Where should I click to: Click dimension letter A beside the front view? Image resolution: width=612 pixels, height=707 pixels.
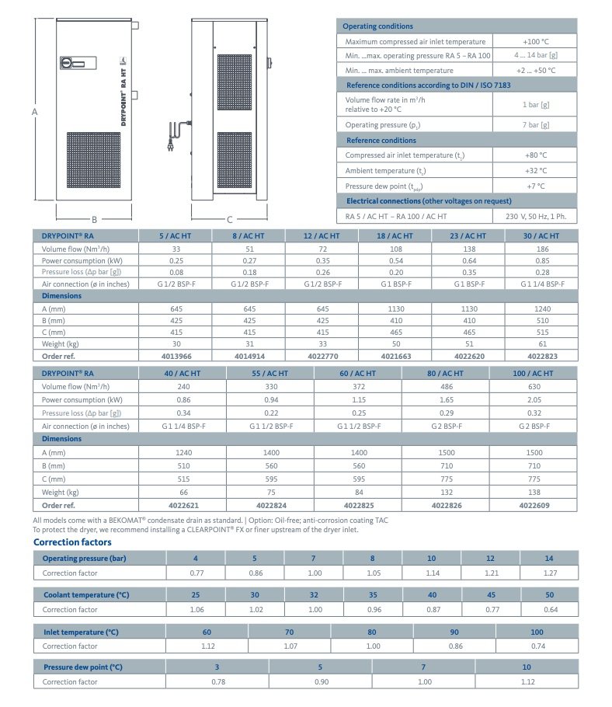pos(35,112)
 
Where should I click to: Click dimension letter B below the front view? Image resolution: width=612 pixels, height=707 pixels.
pos(94,219)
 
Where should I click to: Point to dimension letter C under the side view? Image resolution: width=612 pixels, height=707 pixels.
pos(230,219)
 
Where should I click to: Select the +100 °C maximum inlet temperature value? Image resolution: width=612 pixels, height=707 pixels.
pos(535,41)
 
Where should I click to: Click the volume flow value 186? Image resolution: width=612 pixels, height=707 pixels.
pos(541,249)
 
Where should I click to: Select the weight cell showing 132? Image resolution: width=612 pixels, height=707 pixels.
pos(446,493)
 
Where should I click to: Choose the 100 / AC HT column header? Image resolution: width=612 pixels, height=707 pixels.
pos(534,373)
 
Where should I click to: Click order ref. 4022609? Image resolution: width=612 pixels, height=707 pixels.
pos(534,505)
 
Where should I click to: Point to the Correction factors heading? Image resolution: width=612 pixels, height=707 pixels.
pos(72,542)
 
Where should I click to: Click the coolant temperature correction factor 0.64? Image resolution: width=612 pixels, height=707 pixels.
pos(549,609)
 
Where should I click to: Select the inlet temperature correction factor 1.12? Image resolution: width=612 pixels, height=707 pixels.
pos(207,646)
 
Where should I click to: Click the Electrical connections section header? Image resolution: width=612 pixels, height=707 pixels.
pos(424,200)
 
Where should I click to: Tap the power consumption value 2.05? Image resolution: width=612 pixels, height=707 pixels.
pos(534,399)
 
